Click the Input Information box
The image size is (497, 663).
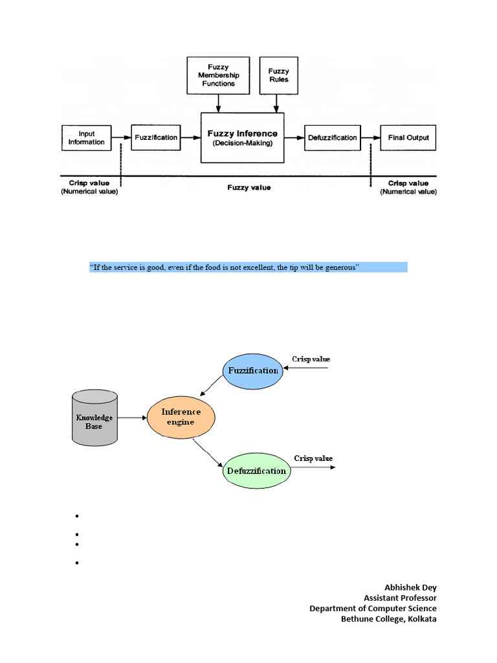pos(87,138)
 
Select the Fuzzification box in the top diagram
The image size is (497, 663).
pos(156,137)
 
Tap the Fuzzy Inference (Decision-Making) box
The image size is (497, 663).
pos(242,138)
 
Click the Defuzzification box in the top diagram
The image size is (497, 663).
pos(332,137)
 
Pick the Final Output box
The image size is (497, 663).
pos(408,137)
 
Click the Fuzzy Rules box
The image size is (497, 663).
pos(278,75)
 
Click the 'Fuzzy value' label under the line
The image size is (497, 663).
pos(248,187)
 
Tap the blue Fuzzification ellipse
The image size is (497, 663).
pos(254,371)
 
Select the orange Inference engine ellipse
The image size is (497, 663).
pos(181,417)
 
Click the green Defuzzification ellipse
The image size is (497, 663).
pos(256,471)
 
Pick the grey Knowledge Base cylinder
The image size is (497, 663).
pos(94,418)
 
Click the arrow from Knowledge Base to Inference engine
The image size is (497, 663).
pos(132,418)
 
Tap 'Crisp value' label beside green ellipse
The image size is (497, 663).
pos(313,458)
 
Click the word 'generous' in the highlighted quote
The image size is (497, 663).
pos(342,267)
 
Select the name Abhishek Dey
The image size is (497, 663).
pos(410,587)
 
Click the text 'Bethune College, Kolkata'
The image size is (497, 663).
pos(389,618)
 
